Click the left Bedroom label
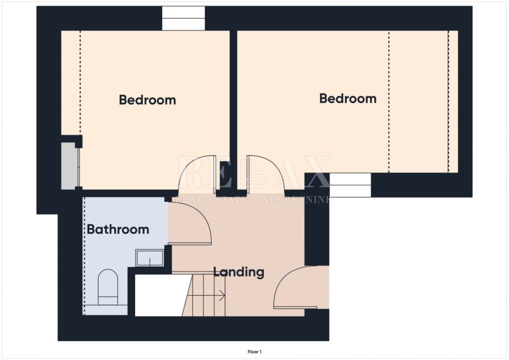click(x=147, y=100)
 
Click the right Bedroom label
click(x=348, y=99)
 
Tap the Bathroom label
click(x=118, y=229)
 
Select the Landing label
click(x=239, y=272)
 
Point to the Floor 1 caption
click(x=255, y=352)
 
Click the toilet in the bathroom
click(x=108, y=287)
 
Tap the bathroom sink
click(x=150, y=258)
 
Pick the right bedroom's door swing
click(x=265, y=173)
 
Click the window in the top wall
click(x=183, y=18)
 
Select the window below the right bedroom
click(x=350, y=185)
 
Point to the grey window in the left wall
click(x=70, y=166)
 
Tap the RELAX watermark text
click(x=253, y=172)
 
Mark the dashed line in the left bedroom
click(x=80, y=83)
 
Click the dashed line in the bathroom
click(x=84, y=256)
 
